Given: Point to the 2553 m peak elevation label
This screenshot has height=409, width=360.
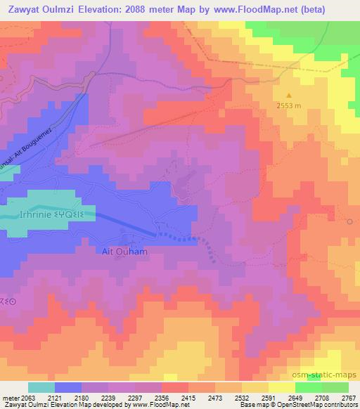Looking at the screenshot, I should click(x=288, y=106).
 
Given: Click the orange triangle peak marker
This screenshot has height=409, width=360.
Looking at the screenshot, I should click(x=288, y=94).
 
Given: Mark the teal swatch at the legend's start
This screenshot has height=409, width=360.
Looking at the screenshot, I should click(x=41, y=387).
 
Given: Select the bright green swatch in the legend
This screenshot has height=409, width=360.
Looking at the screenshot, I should click(x=309, y=387).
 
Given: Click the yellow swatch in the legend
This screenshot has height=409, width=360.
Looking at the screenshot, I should click(x=282, y=387).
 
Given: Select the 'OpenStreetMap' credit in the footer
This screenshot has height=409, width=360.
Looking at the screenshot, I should click(x=288, y=405).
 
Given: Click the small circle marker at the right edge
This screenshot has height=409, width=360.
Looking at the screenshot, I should click(x=350, y=221).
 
